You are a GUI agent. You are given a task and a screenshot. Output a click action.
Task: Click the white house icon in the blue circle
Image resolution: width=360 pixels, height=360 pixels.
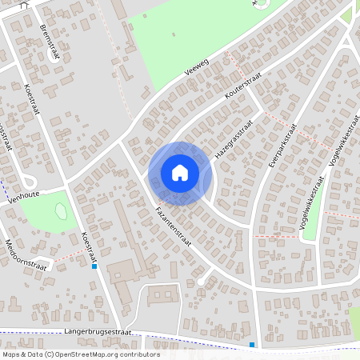click(180, 173)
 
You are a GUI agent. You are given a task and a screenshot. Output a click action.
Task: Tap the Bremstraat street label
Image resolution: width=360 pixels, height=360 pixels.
click(50, 39)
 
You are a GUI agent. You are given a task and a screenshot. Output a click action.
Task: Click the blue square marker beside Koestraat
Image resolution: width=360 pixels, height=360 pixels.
click(94, 266)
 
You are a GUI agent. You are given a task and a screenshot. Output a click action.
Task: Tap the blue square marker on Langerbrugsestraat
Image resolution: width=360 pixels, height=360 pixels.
click(252, 345)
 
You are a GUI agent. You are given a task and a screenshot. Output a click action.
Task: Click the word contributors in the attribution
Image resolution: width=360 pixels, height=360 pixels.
click(134, 354)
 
